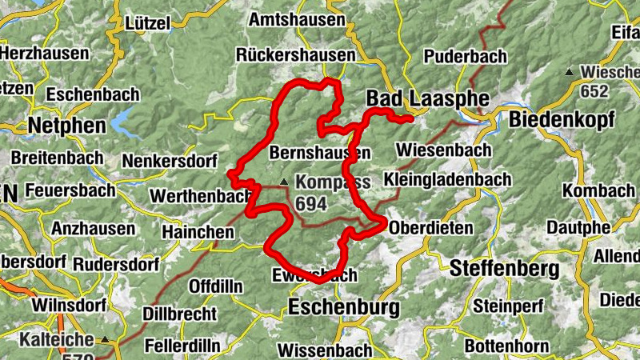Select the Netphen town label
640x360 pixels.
pyautogui.click(x=66, y=126)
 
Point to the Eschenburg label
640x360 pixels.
pyautogui.click(x=344, y=306)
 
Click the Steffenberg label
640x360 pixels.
pyautogui.click(x=501, y=268)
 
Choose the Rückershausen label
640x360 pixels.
pyautogui.click(x=295, y=55)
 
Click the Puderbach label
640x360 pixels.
pyautogui.click(x=465, y=56)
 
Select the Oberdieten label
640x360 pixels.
pyautogui.click(x=431, y=228)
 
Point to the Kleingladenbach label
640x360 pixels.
pyautogui.click(x=446, y=178)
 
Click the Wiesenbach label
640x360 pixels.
pyautogui.click(x=443, y=150)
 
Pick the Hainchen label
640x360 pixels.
pyautogui.click(x=198, y=232)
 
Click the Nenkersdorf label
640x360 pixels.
pyautogui.click(x=170, y=161)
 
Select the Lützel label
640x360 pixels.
pyautogui.click(x=148, y=24)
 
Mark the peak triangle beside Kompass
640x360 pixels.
pyautogui.click(x=283, y=181)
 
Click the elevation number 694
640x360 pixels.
pyautogui.click(x=311, y=204)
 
